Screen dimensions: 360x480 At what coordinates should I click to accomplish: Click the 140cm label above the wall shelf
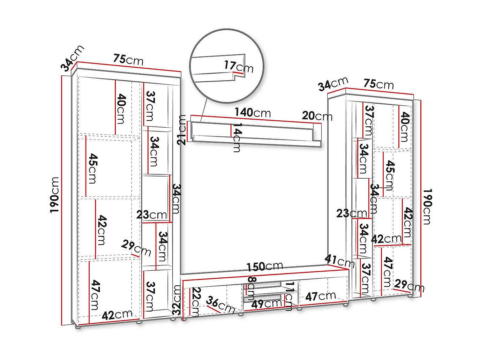point(253,112)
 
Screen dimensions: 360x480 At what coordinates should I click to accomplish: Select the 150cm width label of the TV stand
point(264,267)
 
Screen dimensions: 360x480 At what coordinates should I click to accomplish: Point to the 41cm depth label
point(339,261)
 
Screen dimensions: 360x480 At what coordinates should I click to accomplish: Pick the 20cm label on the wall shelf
point(317,115)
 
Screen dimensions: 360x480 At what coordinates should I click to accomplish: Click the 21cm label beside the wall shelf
point(182,130)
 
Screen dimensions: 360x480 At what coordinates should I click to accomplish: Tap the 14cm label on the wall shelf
point(237,137)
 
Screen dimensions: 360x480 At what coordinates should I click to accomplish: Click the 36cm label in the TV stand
point(220,304)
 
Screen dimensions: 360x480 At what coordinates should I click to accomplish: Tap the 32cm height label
point(177,301)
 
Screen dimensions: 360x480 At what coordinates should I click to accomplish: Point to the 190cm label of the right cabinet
point(427,207)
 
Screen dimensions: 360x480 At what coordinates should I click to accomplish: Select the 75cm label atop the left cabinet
point(128,60)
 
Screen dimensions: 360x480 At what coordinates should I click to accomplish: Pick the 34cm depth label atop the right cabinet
point(333,84)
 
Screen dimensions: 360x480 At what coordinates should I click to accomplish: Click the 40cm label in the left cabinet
point(121,108)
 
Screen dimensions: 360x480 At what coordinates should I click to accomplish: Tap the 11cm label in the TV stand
point(289,297)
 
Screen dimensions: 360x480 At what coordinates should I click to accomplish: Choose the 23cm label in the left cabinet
point(151,215)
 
